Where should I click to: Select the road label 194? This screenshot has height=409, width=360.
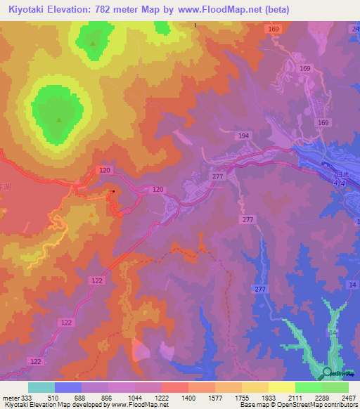click(243, 136)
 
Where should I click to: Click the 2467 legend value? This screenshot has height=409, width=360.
click(347, 397)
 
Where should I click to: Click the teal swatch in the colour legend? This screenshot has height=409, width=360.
click(41, 387)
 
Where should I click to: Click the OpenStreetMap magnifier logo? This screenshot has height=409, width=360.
click(327, 373)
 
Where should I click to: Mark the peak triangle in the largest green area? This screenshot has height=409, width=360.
click(58, 119)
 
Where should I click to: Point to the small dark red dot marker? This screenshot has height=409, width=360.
click(113, 190)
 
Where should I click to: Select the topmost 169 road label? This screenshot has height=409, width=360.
click(274, 29)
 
